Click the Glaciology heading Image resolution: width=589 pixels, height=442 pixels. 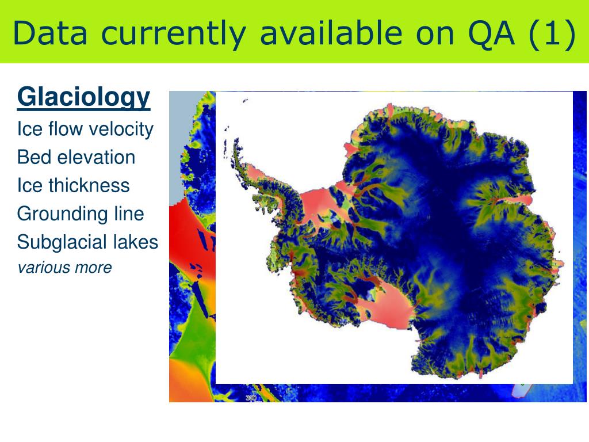coord(84,98)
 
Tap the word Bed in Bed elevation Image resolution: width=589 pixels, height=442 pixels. coord(33,157)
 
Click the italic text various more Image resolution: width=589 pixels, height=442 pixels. coord(64,268)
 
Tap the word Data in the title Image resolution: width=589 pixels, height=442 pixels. coord(50,33)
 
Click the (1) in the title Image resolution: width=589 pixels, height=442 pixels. coord(552,34)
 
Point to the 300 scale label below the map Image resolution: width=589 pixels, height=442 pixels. coord(251,398)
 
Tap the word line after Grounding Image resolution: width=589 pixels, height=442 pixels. coord(129,214)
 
